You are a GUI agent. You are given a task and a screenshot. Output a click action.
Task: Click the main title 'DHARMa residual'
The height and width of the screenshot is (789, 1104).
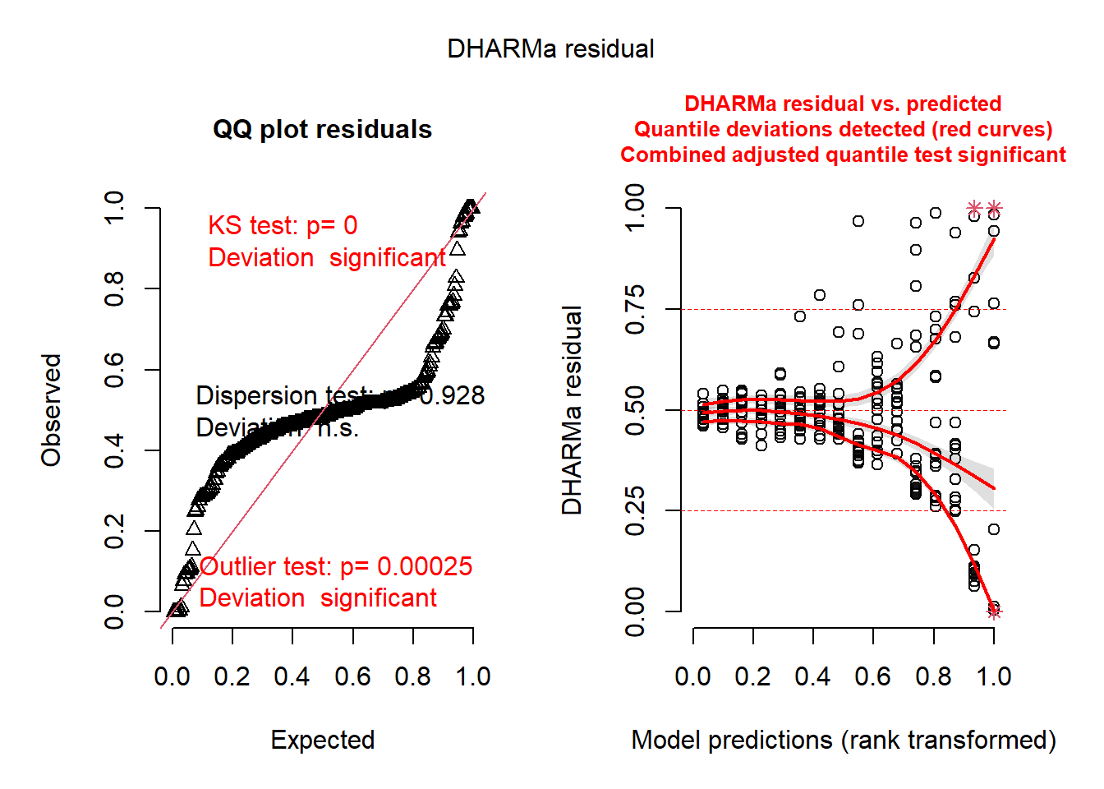550,49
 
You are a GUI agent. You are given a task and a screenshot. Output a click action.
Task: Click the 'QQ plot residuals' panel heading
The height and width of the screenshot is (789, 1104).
322,130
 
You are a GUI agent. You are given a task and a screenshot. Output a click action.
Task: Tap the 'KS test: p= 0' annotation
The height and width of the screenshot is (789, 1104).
283,225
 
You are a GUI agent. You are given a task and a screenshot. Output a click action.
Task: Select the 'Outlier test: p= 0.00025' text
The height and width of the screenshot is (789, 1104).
336,566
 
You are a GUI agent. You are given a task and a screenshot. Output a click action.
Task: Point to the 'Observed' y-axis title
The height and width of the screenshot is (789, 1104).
52,410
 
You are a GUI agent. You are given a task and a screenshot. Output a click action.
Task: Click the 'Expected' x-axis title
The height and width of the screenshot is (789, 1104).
323,740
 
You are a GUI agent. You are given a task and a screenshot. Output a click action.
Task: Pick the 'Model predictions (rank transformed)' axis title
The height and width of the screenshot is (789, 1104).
844,740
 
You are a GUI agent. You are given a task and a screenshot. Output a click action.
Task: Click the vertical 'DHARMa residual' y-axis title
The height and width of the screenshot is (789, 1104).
572,410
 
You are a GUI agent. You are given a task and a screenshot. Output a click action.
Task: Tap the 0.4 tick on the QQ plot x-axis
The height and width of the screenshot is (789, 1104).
292,677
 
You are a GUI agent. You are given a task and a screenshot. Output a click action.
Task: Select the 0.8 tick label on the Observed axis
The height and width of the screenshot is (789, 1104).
114,288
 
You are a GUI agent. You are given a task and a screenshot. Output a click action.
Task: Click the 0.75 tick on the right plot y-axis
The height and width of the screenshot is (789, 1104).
635,310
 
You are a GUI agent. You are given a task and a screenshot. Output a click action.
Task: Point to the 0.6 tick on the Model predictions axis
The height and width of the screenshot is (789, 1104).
873,677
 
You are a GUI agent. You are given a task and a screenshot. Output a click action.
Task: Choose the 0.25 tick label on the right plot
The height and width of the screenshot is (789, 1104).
635,510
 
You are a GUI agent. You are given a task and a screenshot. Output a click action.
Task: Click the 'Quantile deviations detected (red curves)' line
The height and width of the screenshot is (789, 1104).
843,130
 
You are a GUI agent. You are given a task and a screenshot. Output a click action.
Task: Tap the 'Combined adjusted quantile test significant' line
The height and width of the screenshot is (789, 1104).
843,155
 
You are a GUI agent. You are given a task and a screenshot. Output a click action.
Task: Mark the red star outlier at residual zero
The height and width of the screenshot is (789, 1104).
994,611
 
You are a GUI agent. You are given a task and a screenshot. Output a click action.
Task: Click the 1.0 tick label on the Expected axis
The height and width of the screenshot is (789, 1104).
473,677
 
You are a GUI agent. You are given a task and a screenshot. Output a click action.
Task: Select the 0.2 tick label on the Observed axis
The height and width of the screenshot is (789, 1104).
114,531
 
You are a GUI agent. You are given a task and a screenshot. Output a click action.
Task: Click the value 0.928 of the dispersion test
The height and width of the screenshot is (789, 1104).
453,396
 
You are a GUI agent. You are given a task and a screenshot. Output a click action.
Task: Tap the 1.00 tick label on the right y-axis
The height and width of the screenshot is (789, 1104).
635,208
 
